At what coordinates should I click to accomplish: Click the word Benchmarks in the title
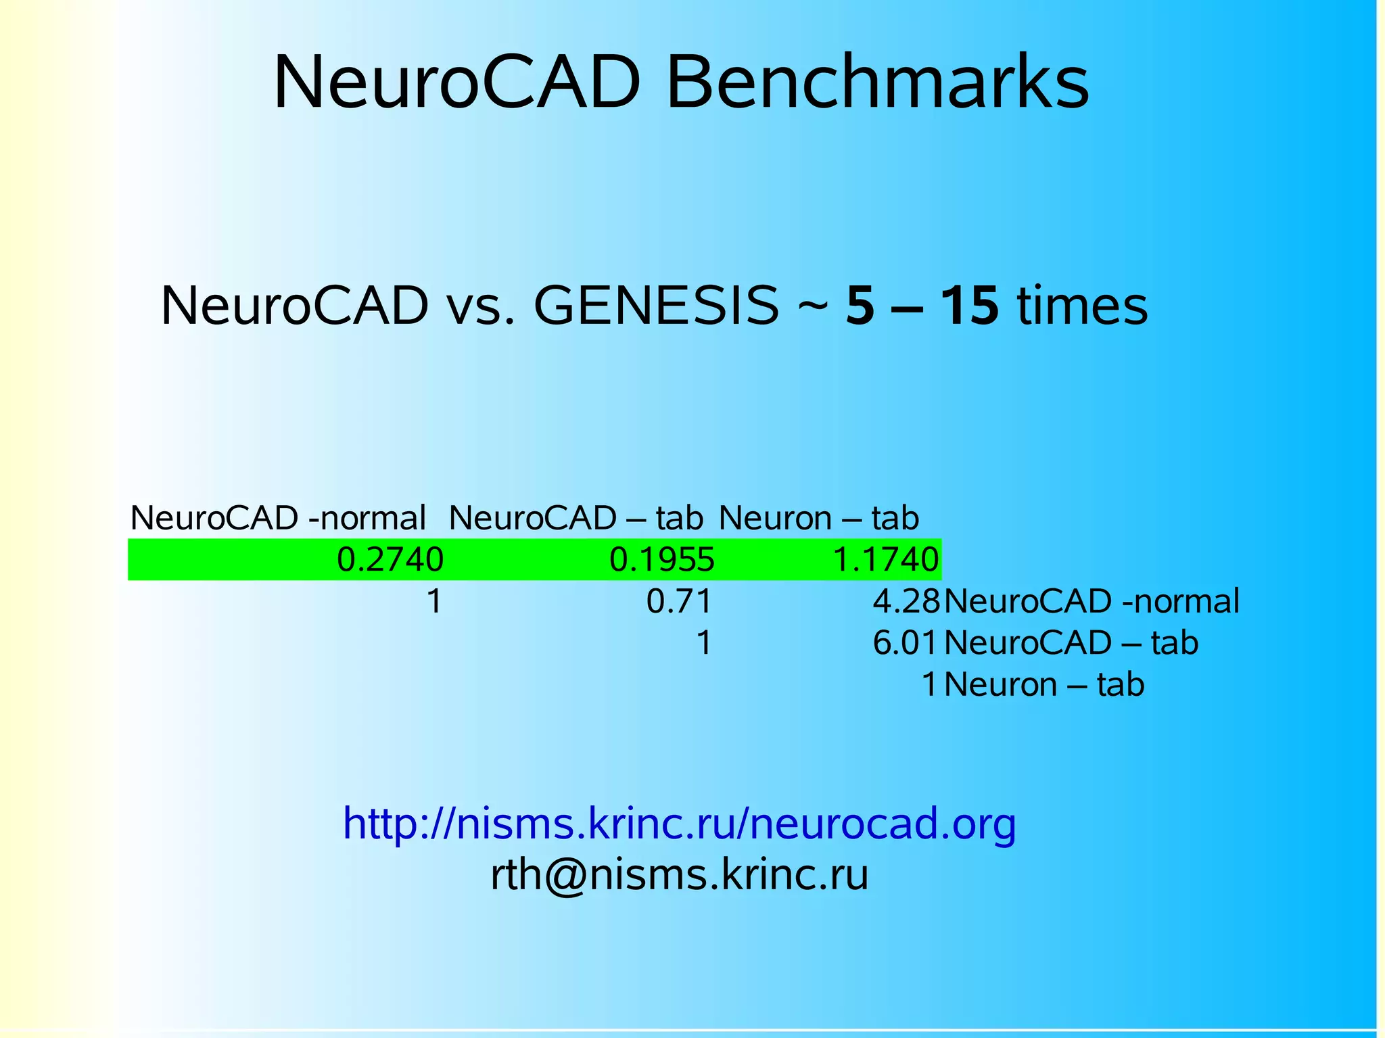877,82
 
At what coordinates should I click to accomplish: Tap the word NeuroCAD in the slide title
456,82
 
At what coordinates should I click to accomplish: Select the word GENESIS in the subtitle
656,306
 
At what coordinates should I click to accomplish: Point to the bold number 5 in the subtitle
860,306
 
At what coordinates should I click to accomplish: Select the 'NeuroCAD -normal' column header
278,518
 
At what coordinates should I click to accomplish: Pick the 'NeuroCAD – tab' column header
576,518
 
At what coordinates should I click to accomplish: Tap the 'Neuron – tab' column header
818,518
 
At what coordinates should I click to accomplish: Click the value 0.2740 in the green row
390,560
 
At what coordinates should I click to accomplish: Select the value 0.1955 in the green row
662,560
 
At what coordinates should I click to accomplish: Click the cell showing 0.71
679,601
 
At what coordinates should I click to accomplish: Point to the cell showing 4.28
906,601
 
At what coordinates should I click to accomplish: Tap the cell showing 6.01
906,642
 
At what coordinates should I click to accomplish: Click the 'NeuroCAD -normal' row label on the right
1091,601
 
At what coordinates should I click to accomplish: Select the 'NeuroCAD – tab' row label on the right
1071,642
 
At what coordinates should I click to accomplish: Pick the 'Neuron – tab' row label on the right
1043,684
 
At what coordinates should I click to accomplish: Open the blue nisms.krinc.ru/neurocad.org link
679,824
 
